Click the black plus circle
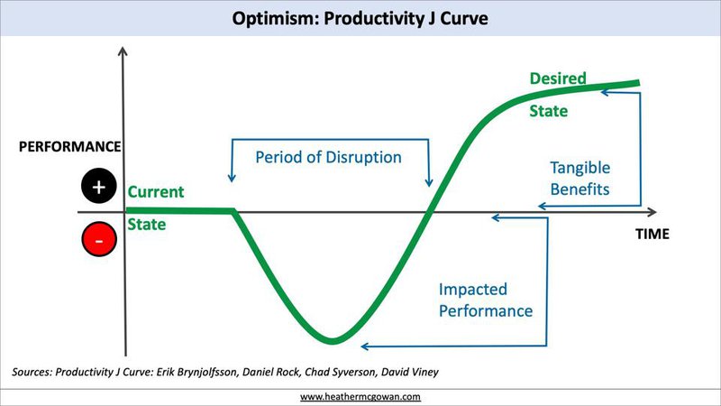[x=99, y=187]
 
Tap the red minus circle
[x=99, y=239]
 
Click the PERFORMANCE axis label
[x=70, y=146]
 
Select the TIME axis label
[x=653, y=234]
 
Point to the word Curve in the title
[x=464, y=18]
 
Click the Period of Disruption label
[x=328, y=157]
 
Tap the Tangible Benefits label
[x=580, y=179]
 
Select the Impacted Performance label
[x=486, y=300]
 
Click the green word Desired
[x=558, y=78]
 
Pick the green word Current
[x=156, y=191]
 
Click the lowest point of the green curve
[x=333, y=341]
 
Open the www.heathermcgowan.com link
[x=360, y=396]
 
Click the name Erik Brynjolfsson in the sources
[x=196, y=372]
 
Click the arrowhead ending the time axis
[x=653, y=212]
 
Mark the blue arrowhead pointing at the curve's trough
[x=364, y=346]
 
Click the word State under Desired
[x=549, y=111]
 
